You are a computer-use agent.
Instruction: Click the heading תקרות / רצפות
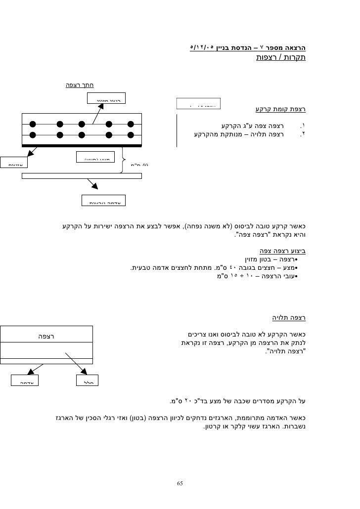[280, 58]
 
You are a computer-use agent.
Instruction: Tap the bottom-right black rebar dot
[131, 135]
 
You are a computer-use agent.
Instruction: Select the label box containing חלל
[88, 380]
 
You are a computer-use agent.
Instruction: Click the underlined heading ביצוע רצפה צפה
[279, 250]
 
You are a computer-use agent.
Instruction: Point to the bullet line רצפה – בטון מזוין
[275, 259]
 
